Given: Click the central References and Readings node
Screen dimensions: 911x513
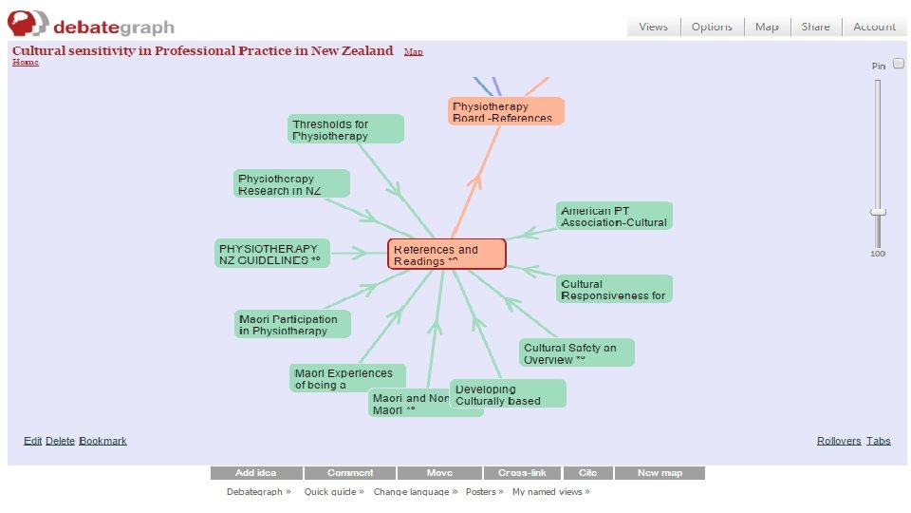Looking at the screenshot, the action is click(446, 255).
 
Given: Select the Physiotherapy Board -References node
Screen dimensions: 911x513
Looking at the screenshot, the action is click(506, 111).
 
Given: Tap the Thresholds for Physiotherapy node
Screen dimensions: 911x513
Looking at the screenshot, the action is click(345, 129).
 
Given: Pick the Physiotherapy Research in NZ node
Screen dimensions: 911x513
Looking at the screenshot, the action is click(291, 184).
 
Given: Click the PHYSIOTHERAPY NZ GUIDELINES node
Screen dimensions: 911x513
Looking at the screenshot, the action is click(273, 254).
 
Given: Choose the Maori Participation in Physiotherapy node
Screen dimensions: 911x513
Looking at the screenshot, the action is click(292, 324).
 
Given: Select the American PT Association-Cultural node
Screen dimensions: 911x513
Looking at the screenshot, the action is click(614, 216).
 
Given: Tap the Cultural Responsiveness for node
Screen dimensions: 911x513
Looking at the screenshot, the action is click(614, 289).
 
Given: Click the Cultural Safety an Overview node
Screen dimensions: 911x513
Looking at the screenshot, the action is click(576, 353).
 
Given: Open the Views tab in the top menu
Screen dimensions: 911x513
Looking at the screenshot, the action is click(653, 27).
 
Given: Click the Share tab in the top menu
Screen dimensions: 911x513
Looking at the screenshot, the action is click(815, 27).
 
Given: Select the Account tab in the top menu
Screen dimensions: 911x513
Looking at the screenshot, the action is click(874, 27).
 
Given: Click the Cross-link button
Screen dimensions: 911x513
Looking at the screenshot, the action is click(521, 473).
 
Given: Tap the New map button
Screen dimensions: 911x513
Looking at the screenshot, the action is click(660, 473).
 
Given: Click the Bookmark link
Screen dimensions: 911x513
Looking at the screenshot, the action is click(103, 441).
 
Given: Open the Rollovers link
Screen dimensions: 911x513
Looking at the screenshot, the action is click(839, 441).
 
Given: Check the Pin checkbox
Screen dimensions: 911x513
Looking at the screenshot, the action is click(898, 64).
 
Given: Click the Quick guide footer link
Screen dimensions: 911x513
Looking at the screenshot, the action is click(333, 492).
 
